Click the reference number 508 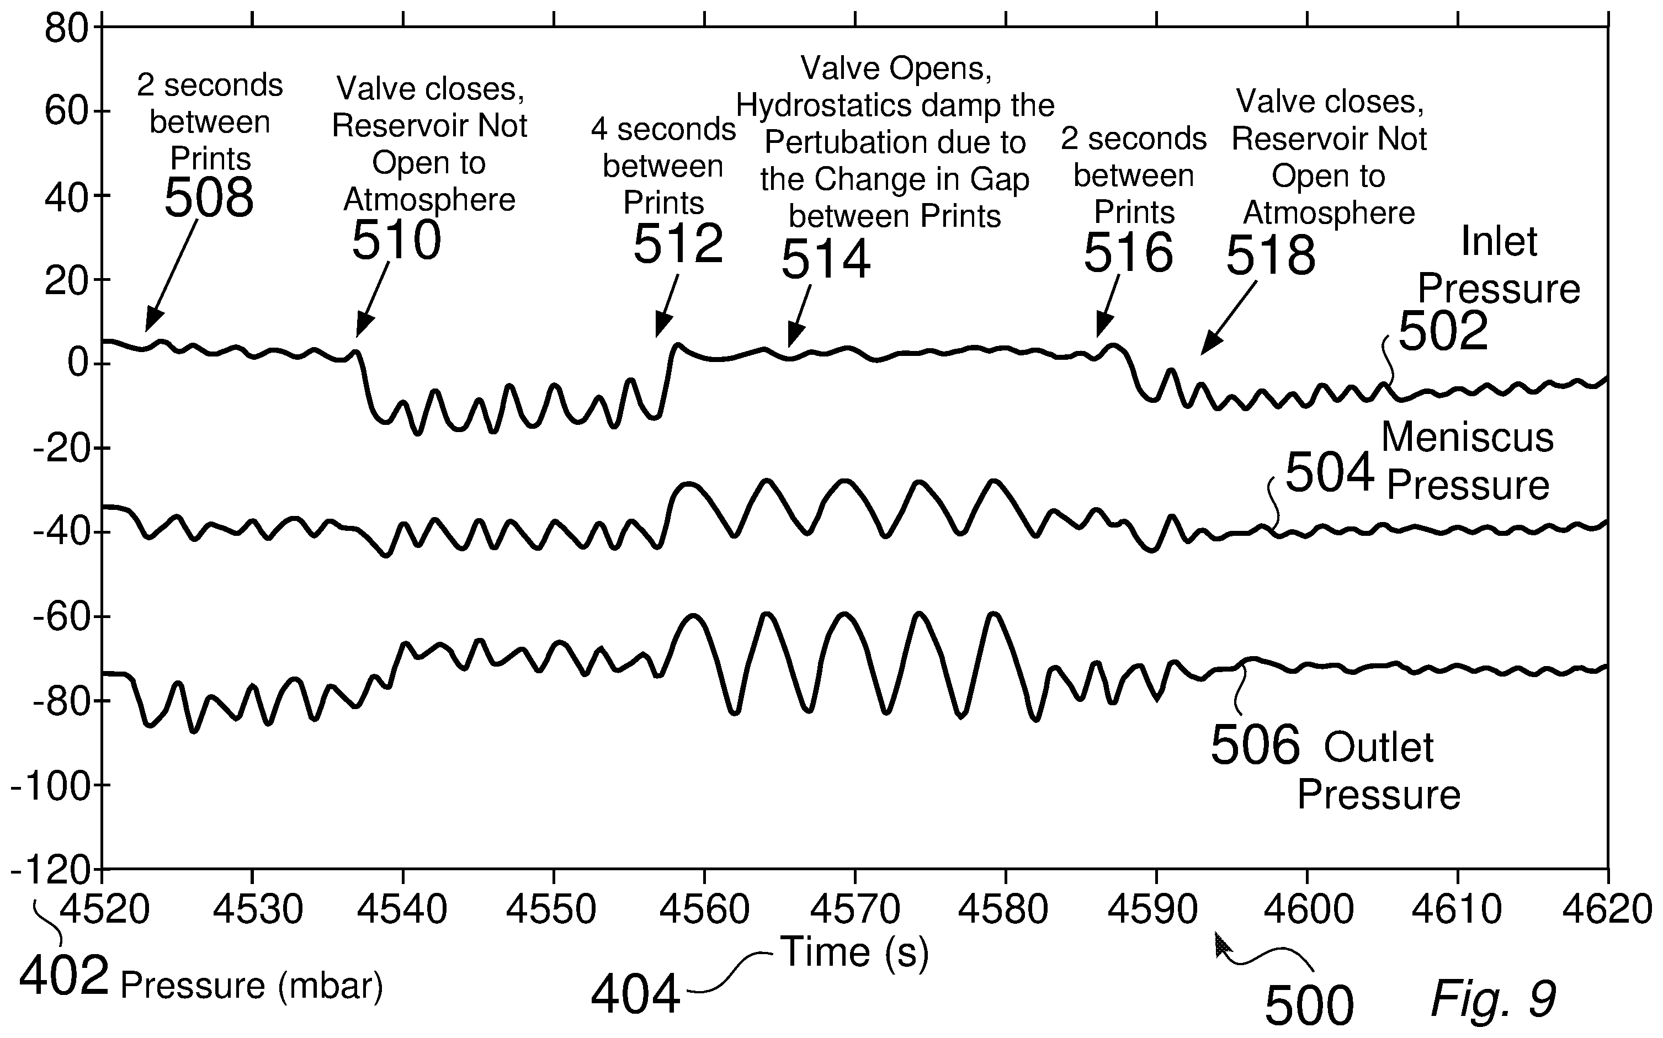click(x=209, y=197)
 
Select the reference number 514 click(x=826, y=259)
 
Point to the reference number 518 click(x=1271, y=255)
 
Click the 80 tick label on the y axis click(x=67, y=29)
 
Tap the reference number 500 click(x=1309, y=1007)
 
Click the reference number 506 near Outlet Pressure click(x=1255, y=745)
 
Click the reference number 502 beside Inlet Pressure click(x=1443, y=331)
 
